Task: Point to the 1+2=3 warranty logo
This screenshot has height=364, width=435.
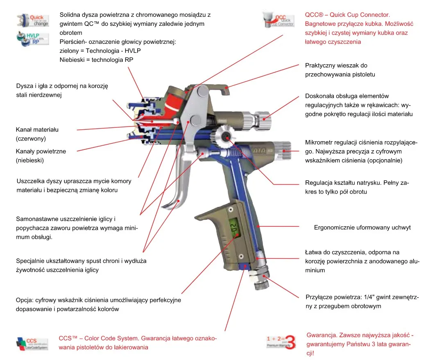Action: pyautogui.click(x=281, y=341)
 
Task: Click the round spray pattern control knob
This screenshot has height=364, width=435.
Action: pyautogui.click(x=224, y=136)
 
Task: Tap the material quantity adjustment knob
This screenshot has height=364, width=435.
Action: pyautogui.click(x=262, y=118)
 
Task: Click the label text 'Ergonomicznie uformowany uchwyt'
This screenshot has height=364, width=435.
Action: pyautogui.click(x=362, y=227)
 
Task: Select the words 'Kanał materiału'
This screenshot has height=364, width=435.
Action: pyautogui.click(x=37, y=130)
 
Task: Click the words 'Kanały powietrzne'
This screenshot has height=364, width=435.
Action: pyautogui.click(x=41, y=151)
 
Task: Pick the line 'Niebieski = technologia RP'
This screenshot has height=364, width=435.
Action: pyautogui.click(x=97, y=60)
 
